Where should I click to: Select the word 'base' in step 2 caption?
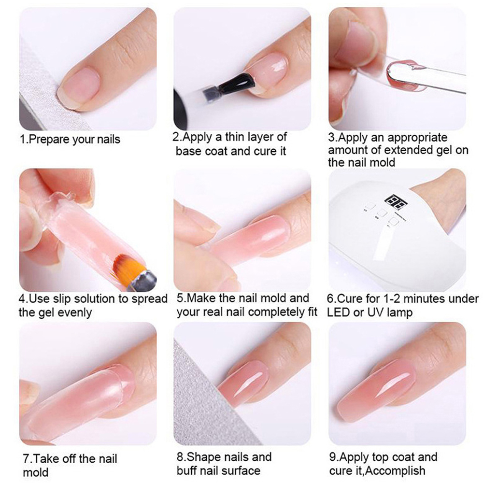[x=189, y=151]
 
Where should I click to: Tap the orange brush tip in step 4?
[x=127, y=265]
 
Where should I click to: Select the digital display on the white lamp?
[x=396, y=201]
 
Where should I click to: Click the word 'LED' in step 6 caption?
[x=338, y=313]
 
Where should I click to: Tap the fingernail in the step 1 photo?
[x=81, y=87]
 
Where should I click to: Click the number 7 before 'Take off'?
[x=26, y=459]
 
